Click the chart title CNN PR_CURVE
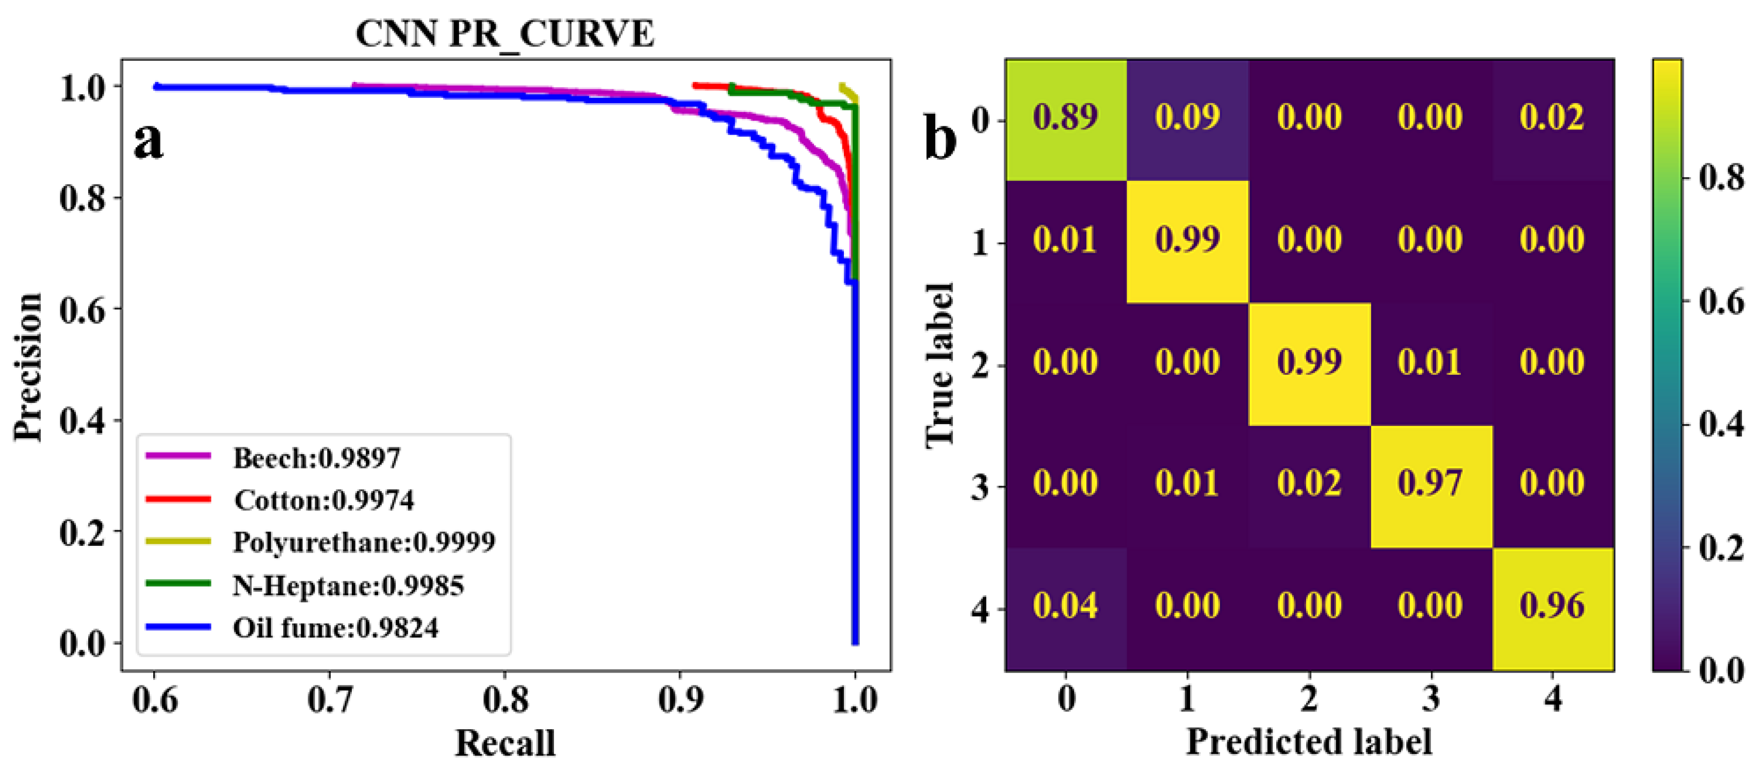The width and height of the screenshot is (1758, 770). click(x=504, y=33)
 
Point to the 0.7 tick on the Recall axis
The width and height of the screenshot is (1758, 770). click(x=330, y=699)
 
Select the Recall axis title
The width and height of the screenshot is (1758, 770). click(x=505, y=743)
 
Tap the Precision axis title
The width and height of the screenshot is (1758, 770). click(x=29, y=366)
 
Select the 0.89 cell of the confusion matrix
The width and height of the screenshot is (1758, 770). click(x=1065, y=118)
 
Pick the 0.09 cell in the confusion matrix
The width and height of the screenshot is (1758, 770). click(x=1187, y=118)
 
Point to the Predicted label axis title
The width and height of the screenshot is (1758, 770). click(x=1309, y=741)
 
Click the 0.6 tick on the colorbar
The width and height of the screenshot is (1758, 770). click(x=1720, y=302)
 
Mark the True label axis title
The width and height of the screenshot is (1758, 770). click(x=940, y=365)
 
